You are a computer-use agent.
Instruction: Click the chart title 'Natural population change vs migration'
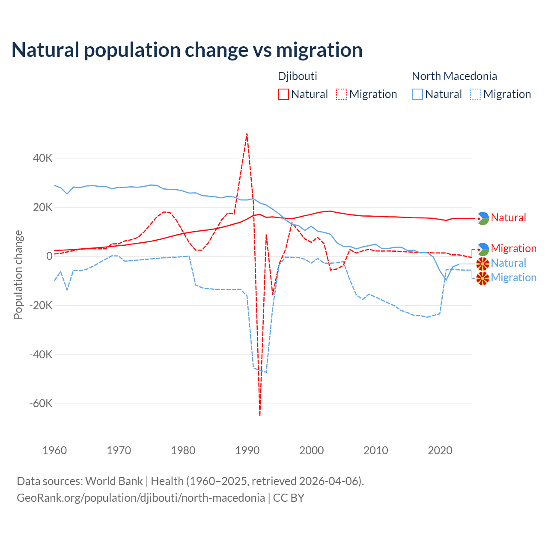point(187,50)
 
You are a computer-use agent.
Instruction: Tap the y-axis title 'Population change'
point(18,274)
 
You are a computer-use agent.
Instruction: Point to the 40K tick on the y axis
point(43,158)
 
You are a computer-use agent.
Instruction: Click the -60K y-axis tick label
point(41,404)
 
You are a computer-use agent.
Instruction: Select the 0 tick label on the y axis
point(49,256)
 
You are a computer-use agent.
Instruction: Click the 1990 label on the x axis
point(247,450)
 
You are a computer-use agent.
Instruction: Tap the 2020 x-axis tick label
point(440,450)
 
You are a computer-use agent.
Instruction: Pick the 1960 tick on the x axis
point(55,450)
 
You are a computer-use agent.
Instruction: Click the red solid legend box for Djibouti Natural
point(283,94)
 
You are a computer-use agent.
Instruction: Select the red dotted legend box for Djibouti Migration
point(342,94)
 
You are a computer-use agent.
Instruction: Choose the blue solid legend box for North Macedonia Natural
point(417,94)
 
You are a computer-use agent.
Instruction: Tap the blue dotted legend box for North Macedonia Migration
point(476,94)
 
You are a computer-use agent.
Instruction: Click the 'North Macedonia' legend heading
point(454,76)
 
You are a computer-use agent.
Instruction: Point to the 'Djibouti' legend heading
point(298,76)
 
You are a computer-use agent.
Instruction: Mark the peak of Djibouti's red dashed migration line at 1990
point(247,134)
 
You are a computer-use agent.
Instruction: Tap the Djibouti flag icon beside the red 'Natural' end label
point(483,218)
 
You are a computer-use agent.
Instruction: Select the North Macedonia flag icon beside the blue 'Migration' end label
point(483,278)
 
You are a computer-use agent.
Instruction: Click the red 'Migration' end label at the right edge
point(513,248)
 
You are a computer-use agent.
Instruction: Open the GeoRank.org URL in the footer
point(141,498)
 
